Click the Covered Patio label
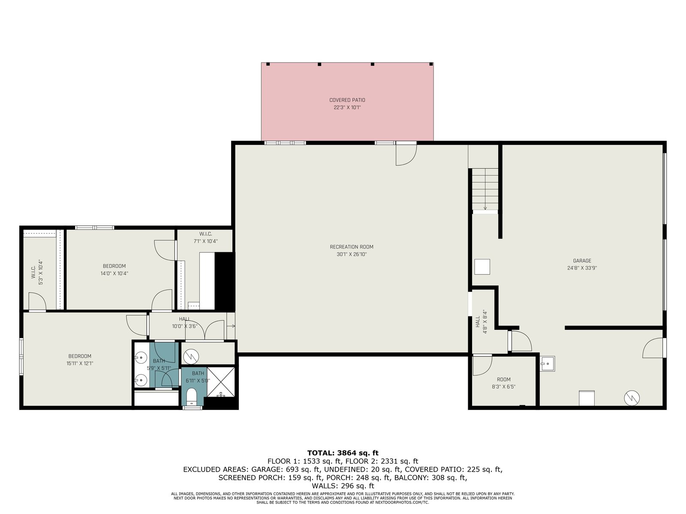[x=347, y=104]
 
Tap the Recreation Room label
[x=352, y=250]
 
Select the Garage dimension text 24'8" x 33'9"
[x=582, y=268]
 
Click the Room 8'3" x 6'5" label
[x=503, y=383]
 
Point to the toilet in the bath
[x=191, y=397]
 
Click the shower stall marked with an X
[x=221, y=383]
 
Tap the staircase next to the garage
[x=485, y=189]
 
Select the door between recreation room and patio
[x=406, y=154]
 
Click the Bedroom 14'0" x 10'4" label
[x=114, y=270]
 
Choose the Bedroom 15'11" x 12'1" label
[x=80, y=359]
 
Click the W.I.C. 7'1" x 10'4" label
[x=206, y=237]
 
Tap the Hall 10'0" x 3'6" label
[x=184, y=323]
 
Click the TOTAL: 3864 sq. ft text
[x=343, y=453]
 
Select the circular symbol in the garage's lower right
[x=632, y=398]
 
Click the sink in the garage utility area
[x=548, y=364]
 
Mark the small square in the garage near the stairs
[x=482, y=267]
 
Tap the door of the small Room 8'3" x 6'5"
[x=482, y=365]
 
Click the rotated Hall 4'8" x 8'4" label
[x=481, y=322]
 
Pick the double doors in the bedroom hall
[x=205, y=330]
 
